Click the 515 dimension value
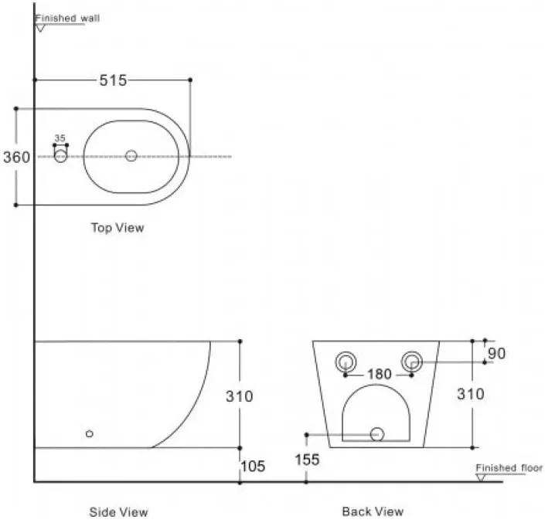pos(114,80)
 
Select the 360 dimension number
pos(17,158)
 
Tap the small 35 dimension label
pos(60,138)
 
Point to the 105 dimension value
pos(253,467)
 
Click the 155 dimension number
pos(307,460)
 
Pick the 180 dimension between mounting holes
pos(380,374)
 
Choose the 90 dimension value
pos(497,354)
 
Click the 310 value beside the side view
pos(240,396)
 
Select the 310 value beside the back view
pos(471,394)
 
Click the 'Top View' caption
pos(118,228)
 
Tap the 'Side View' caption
pos(118,512)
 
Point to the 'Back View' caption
pos(373,511)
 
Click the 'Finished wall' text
pos(67,18)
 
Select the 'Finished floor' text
pos(509,468)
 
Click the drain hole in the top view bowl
pos(131,155)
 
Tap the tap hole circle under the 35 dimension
pos(61,156)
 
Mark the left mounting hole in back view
pos(346,362)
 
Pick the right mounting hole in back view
pos(412,362)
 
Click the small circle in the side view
pos(90,433)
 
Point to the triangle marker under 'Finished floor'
pos(481,478)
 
